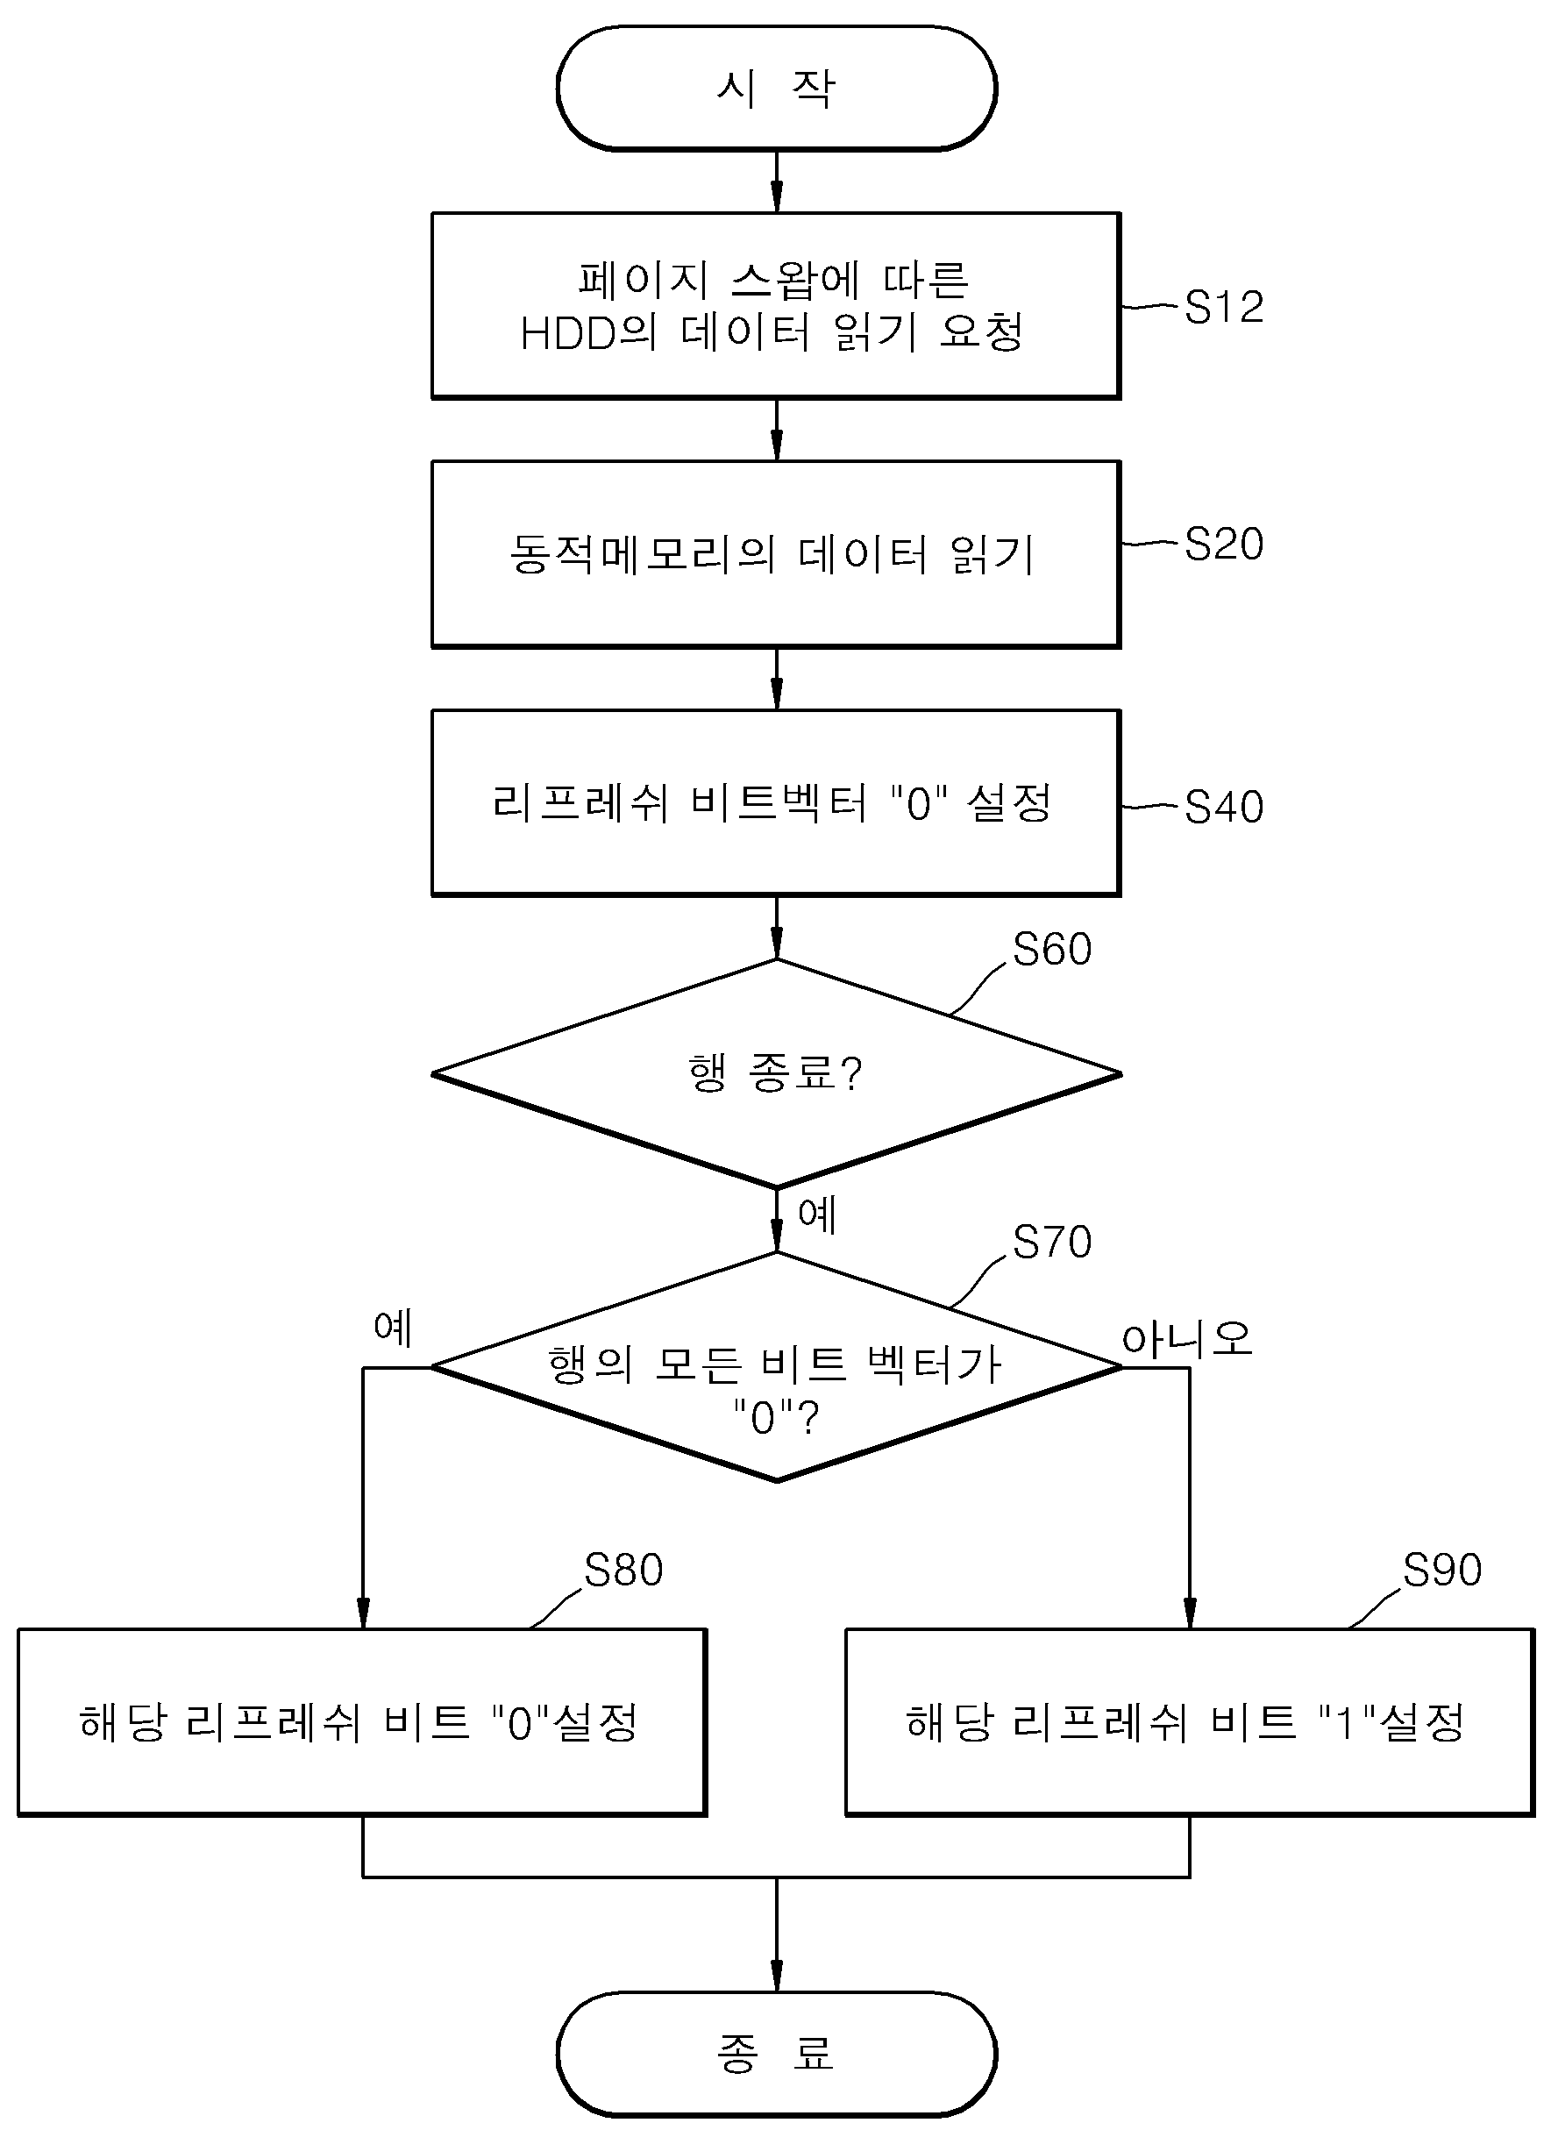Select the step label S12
(1224, 307)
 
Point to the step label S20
(1224, 544)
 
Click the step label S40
(1224, 807)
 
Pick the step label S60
(1052, 949)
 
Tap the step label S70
(1052, 1242)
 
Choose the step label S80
(623, 1570)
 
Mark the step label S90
(1442, 1570)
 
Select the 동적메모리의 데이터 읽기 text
(772, 553)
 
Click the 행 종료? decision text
(774, 1072)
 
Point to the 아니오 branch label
(1187, 1337)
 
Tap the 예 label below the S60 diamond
(816, 1215)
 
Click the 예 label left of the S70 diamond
(393, 1327)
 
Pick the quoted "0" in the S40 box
(919, 804)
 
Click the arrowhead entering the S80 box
(363, 1613)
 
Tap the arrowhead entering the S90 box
(1190, 1613)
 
